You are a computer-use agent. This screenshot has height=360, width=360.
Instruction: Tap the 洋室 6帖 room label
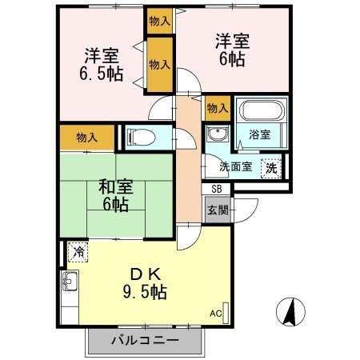[x=231, y=49]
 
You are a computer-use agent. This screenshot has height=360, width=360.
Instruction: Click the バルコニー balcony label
[x=145, y=340]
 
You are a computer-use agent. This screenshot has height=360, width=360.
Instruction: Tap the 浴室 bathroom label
[x=258, y=135]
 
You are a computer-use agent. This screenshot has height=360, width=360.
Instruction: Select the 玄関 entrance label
[x=218, y=211]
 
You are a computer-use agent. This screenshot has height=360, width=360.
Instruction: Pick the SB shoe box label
[x=218, y=189]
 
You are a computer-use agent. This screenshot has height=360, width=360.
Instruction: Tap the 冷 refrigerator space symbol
[x=78, y=251]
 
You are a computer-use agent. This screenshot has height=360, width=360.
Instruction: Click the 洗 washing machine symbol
[x=272, y=168]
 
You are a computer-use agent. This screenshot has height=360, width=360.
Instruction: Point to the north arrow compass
[x=290, y=310]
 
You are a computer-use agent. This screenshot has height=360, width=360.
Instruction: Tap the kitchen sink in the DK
[x=70, y=282]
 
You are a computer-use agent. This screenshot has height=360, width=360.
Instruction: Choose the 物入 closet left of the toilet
[x=87, y=138]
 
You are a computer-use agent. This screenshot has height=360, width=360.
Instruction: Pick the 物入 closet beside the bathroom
[x=217, y=107]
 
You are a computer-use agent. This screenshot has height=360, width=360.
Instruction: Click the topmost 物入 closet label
[x=159, y=21]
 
